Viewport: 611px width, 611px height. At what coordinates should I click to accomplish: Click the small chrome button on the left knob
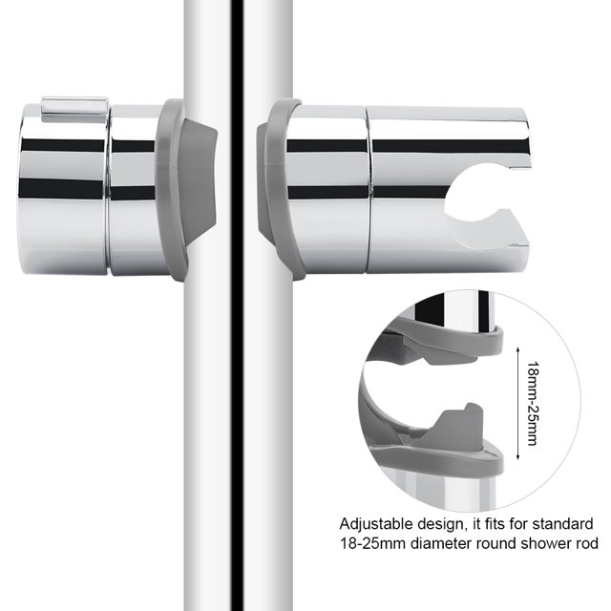tap(74, 110)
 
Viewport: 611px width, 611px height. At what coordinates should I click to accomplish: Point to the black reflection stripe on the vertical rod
tap(237, 305)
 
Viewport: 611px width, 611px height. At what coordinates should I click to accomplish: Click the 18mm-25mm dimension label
tap(533, 404)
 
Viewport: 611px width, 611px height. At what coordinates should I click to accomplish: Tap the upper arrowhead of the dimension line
tap(517, 350)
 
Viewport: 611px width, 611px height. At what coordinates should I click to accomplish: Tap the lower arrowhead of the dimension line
tap(517, 456)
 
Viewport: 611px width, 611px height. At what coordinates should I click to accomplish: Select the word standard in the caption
tap(562, 524)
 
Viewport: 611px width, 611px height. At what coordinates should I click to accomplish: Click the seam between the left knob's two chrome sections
tap(108, 190)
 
